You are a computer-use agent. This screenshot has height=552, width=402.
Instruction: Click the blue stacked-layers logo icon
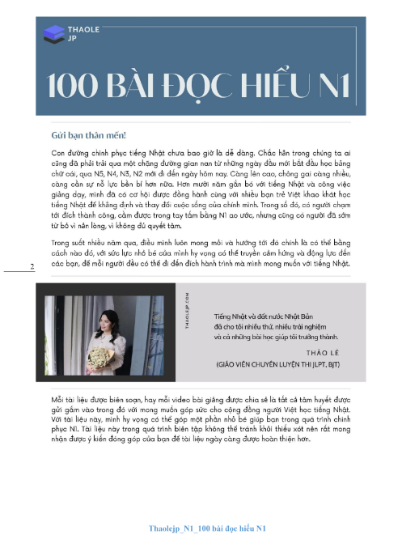54,32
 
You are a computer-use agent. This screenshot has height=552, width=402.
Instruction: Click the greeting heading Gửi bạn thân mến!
88,136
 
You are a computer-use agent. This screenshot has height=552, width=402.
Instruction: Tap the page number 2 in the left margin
32,267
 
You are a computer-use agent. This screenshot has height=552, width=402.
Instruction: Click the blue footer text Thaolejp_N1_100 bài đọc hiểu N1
208,529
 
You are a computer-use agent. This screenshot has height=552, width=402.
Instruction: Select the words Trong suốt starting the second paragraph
70,242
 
